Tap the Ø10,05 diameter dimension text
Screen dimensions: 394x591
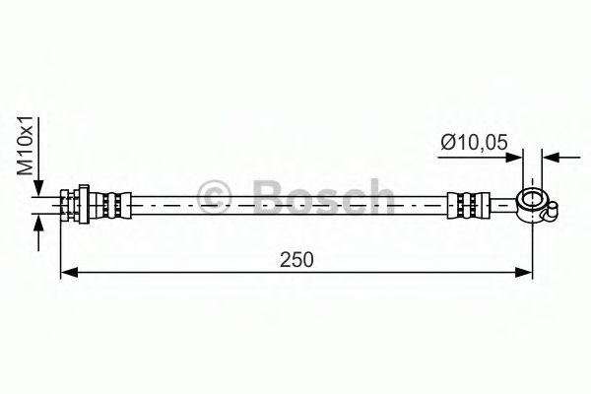coord(476,142)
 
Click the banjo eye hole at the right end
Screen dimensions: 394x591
coord(533,203)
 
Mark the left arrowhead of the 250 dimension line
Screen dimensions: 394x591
coord(67,274)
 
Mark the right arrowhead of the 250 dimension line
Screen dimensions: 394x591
coord(527,274)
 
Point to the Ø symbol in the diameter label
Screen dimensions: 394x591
coord(448,142)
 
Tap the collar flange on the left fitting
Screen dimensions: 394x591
coord(89,206)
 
